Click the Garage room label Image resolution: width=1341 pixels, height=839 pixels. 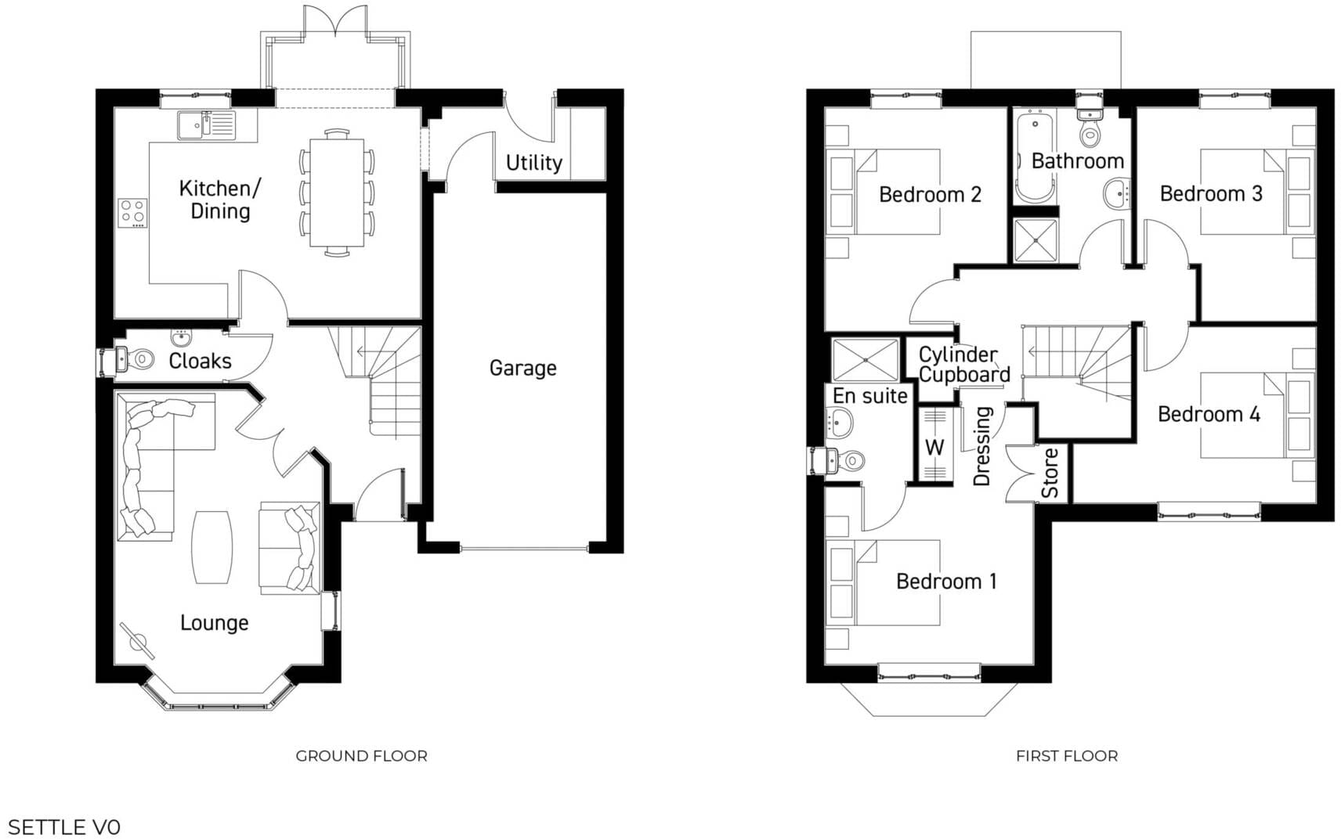click(x=522, y=368)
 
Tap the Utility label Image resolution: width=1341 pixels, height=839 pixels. click(x=533, y=163)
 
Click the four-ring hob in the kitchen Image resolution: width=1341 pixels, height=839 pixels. click(x=132, y=213)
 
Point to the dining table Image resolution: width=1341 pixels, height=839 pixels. click(x=337, y=193)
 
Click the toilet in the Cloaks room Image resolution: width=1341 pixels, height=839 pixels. click(x=136, y=360)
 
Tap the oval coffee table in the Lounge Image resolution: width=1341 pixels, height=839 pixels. click(x=211, y=547)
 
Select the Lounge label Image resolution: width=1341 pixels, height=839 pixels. click(x=214, y=623)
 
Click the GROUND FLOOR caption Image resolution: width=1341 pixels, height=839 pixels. click(x=361, y=756)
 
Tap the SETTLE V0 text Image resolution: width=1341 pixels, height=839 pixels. click(x=63, y=826)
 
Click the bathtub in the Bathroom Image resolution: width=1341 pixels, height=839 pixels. click(x=1035, y=157)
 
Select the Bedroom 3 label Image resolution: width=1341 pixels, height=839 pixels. click(x=1210, y=194)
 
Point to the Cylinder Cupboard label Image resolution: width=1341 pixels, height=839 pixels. click(x=963, y=365)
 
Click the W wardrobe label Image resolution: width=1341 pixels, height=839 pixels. click(x=934, y=448)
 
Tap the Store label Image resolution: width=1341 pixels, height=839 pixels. click(x=1050, y=473)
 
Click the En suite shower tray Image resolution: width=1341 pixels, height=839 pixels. click(x=866, y=360)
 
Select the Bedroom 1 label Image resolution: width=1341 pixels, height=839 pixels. click(x=945, y=582)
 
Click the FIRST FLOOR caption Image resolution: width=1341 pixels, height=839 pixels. click(x=1066, y=756)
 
